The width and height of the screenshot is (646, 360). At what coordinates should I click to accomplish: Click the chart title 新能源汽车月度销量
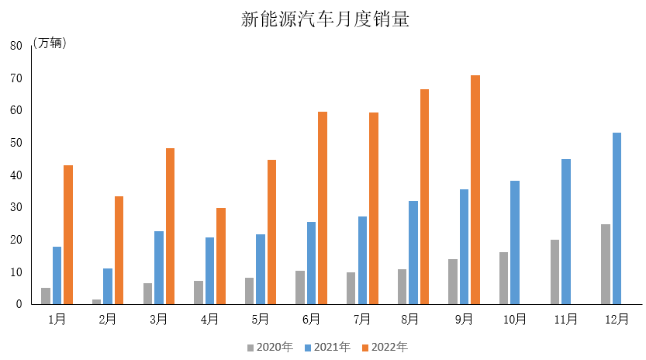(x=325, y=19)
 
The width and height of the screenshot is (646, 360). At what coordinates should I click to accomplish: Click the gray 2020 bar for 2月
(x=97, y=302)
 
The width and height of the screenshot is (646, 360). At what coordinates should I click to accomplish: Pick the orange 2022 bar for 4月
(x=221, y=256)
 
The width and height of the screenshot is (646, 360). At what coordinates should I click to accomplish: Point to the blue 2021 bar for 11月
(x=566, y=232)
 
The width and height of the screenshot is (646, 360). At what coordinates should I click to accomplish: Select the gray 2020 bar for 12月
(x=606, y=265)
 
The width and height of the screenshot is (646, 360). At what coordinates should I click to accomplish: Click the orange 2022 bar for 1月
(x=68, y=234)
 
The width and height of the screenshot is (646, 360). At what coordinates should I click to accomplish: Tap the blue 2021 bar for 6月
(x=311, y=263)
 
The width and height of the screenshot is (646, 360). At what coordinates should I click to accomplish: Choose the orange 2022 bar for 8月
(x=424, y=197)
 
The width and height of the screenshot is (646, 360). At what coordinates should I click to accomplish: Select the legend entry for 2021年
(x=326, y=347)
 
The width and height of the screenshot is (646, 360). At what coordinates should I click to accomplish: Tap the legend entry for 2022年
(x=384, y=347)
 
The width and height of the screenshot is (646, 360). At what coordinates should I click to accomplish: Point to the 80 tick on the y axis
(x=16, y=46)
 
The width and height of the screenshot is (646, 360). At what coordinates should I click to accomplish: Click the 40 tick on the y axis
(x=16, y=175)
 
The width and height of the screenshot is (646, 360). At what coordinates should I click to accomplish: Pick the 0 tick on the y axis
(x=18, y=305)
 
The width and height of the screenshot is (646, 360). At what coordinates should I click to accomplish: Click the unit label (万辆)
(x=50, y=43)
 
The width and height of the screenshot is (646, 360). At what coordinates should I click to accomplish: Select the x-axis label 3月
(x=159, y=319)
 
